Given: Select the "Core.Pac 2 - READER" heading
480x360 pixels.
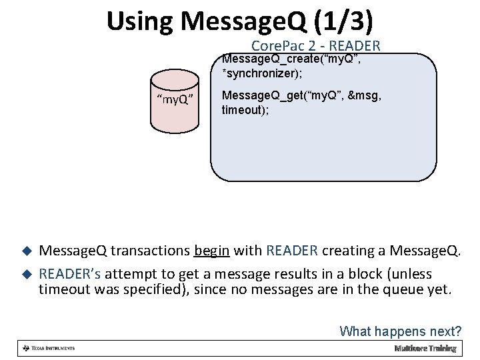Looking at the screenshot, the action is coord(315,46).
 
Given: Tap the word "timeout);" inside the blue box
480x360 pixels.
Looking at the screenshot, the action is coord(245,109).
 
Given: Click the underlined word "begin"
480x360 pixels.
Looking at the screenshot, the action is coord(212,251).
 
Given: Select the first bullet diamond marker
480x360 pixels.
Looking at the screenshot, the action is coord(27,251).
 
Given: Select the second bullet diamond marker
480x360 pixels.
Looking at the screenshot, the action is coord(27,274).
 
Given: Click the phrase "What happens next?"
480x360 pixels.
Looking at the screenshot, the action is coord(400,331).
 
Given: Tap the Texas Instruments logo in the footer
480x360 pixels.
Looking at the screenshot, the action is coord(49,348).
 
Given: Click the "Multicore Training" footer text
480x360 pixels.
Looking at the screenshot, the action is coord(425,348).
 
